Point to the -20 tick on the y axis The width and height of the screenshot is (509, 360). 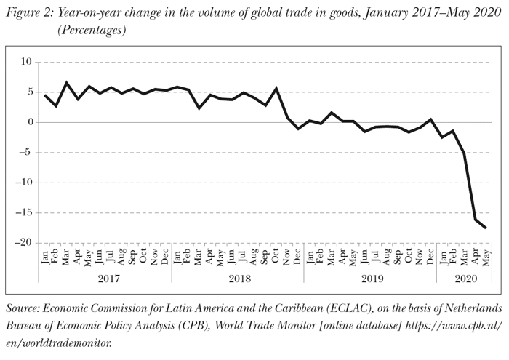coord(24,243)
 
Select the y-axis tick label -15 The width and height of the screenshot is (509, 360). coord(24,213)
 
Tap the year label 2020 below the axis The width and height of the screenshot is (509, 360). coord(463,278)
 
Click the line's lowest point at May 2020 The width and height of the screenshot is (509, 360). coord(486,228)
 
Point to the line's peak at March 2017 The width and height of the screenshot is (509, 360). coord(67,83)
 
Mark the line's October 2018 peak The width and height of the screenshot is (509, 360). coord(276,88)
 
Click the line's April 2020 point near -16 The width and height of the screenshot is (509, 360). coord(475,220)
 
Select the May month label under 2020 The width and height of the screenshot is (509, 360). coord(486,257)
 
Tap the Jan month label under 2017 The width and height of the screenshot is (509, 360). coord(45,257)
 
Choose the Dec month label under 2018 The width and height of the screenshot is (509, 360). coord(298,257)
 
